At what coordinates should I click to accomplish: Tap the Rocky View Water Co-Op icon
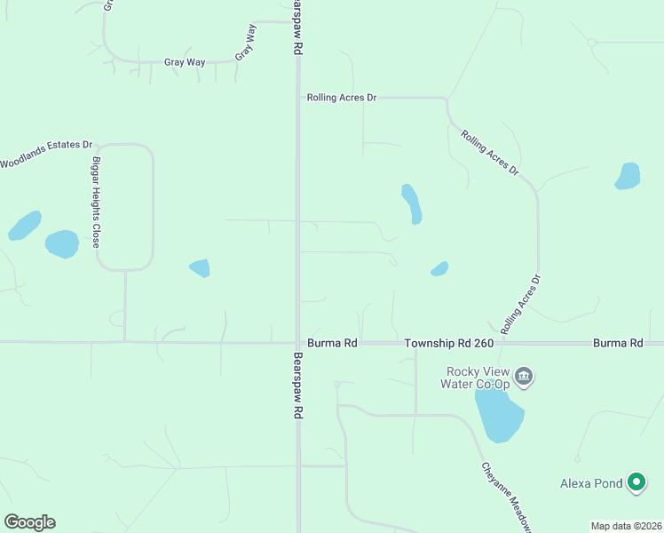(x=524, y=377)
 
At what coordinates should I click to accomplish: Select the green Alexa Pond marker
(x=636, y=482)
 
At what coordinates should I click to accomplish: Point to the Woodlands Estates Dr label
(x=46, y=153)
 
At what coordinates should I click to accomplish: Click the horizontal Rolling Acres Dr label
(x=342, y=98)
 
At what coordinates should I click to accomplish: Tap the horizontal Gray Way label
(x=185, y=62)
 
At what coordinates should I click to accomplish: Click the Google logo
(x=29, y=522)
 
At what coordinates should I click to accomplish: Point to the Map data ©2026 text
(x=626, y=526)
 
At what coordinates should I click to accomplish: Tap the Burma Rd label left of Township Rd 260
(x=331, y=343)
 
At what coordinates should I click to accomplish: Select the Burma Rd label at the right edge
(x=618, y=343)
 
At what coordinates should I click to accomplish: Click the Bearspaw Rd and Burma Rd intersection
(x=297, y=342)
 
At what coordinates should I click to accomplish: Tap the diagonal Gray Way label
(x=246, y=43)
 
